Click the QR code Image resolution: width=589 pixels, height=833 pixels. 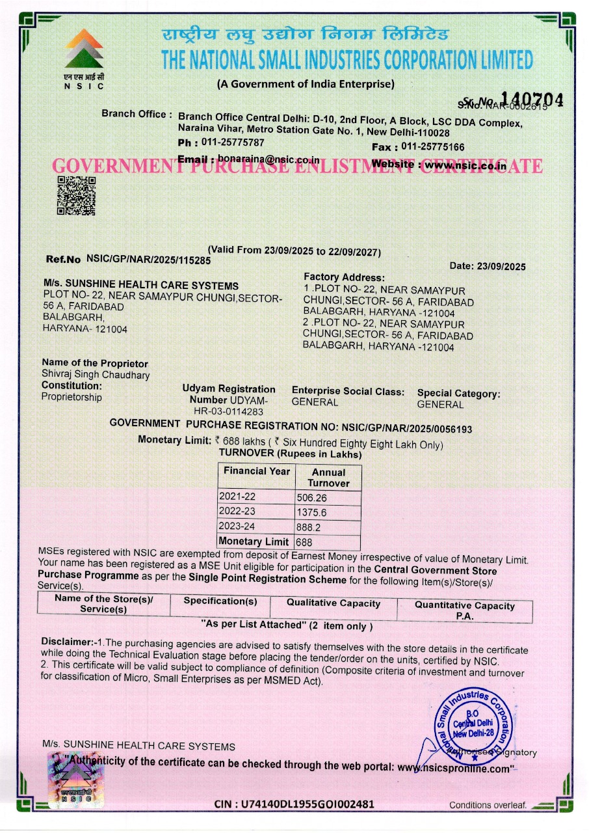pyautogui.click(x=76, y=195)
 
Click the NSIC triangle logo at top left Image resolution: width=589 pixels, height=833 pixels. pyautogui.click(x=83, y=50)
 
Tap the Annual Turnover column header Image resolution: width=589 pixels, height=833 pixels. pyautogui.click(x=328, y=478)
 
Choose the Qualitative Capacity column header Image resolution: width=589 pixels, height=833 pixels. pyautogui.click(x=333, y=603)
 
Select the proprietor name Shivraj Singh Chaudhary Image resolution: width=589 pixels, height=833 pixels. pyautogui.click(x=96, y=375)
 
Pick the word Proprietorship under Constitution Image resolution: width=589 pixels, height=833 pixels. pyautogui.click(x=72, y=397)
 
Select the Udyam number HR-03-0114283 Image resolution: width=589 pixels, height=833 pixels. pyautogui.click(x=228, y=411)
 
